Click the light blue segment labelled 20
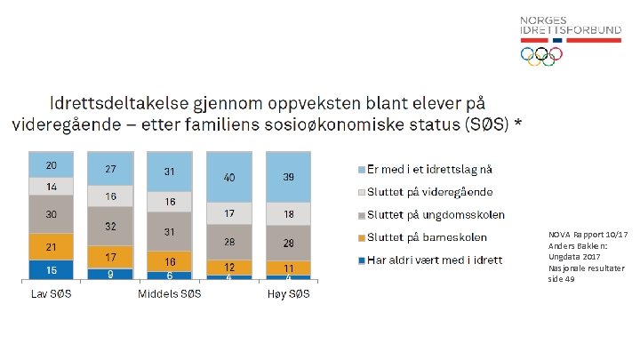52,164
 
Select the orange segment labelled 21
52,246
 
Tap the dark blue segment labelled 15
52,269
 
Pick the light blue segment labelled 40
229,178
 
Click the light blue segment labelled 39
288,177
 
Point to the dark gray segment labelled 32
110,227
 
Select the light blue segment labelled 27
110,169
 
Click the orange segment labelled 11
288,268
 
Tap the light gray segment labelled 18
288,214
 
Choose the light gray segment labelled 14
52,187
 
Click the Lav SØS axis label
51,294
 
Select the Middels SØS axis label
169,294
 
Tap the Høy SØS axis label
288,294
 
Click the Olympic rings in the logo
541,56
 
